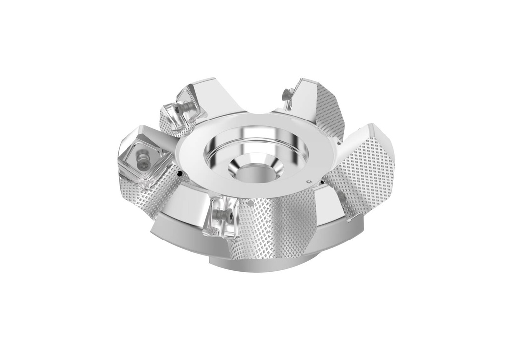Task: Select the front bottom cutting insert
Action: click(x=218, y=216)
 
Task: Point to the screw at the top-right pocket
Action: click(x=286, y=93)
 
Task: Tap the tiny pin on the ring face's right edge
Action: click(x=309, y=181)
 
